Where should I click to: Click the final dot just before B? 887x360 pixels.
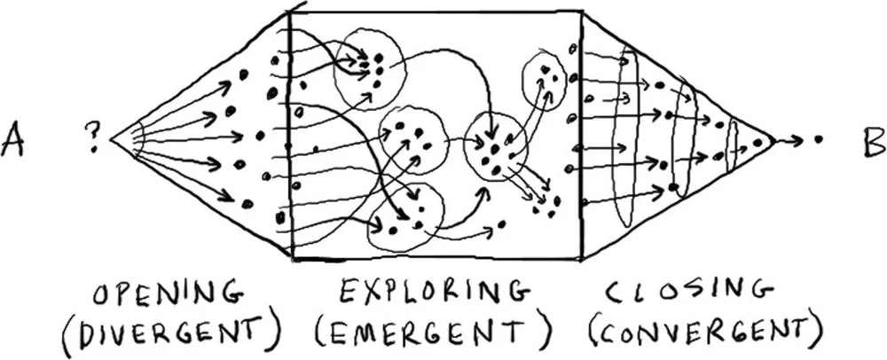pyautogui.click(x=817, y=139)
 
